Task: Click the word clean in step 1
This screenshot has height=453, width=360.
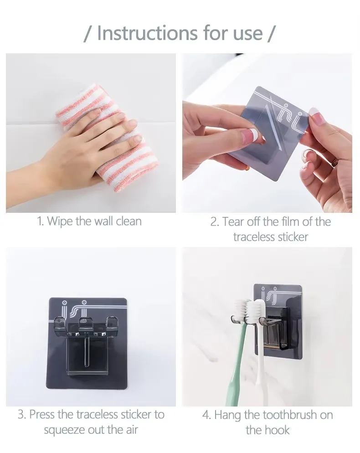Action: click(x=126, y=222)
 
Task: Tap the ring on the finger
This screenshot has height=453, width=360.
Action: click(x=335, y=162)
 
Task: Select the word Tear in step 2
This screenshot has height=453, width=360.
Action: click(x=233, y=222)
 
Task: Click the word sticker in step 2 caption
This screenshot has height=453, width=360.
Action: click(x=292, y=237)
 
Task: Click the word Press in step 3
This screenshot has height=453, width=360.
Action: click(x=41, y=415)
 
